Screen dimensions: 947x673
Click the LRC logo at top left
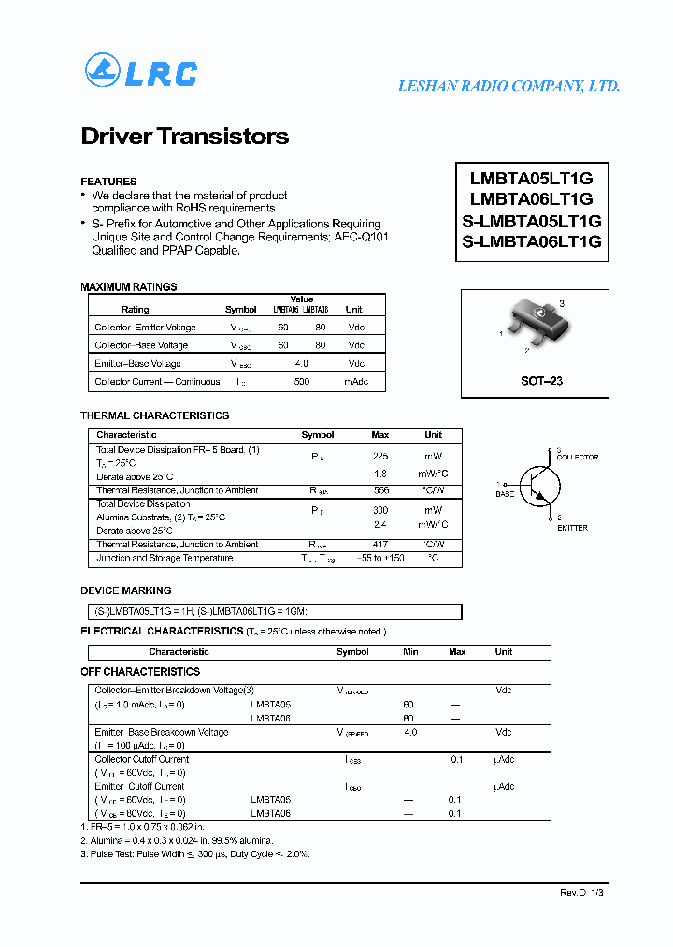141,72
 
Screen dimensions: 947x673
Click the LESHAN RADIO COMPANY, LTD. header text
508,86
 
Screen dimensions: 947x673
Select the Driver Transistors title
185,137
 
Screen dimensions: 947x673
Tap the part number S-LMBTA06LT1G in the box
532,241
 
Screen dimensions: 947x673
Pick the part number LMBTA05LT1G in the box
532,178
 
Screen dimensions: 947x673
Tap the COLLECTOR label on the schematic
577,458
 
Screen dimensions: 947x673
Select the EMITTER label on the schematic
572,528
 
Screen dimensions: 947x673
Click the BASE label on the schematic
505,493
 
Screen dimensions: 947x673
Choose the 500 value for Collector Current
301,382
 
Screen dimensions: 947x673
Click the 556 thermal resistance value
380,490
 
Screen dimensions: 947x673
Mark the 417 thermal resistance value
380,545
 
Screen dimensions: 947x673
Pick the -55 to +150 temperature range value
380,559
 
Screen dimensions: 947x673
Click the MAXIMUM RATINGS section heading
128,287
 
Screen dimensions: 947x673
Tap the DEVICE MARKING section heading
126,591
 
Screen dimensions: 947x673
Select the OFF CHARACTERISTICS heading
140,672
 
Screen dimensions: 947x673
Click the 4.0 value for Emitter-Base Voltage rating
301,363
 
